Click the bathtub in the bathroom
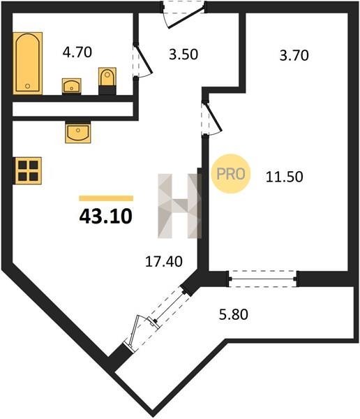click(27, 63)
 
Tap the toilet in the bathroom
click(107, 81)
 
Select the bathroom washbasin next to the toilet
click(72, 86)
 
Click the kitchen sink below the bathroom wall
click(78, 132)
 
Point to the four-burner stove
click(28, 170)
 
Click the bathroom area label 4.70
click(77, 52)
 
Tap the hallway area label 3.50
click(183, 54)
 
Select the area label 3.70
click(294, 56)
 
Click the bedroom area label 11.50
click(285, 177)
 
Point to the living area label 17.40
click(164, 261)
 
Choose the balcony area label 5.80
click(234, 314)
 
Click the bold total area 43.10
click(106, 216)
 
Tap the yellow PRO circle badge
click(231, 174)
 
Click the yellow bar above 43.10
click(106, 198)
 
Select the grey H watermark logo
click(179, 206)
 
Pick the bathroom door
click(142, 61)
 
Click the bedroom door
click(211, 119)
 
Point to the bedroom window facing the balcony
click(263, 279)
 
